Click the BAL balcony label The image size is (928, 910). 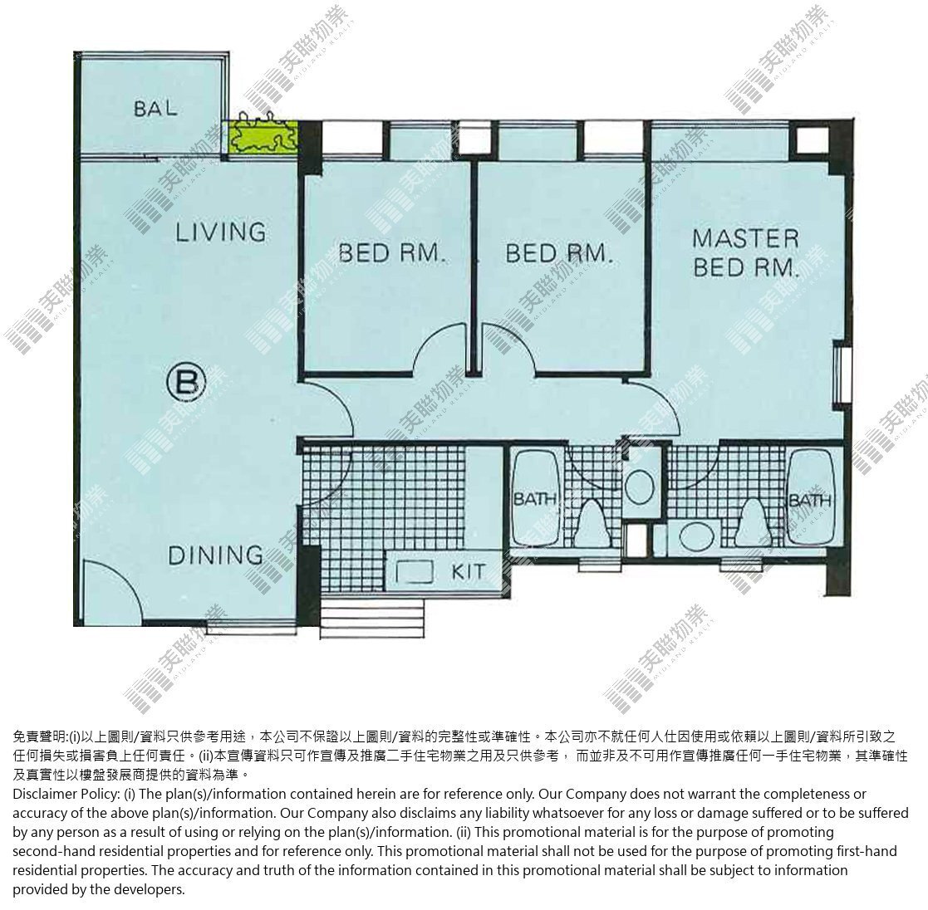(155, 108)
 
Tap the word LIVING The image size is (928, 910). (221, 232)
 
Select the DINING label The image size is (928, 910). (215, 555)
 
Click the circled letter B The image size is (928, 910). (186, 383)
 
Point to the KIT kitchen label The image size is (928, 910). (468, 572)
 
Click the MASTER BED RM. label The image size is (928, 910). (746, 253)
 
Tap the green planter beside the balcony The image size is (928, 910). (263, 137)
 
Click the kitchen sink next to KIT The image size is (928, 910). (415, 572)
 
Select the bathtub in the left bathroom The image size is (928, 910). (536, 497)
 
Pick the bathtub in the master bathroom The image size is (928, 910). (811, 497)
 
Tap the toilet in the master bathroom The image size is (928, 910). (752, 521)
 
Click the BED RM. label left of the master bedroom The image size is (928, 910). (557, 253)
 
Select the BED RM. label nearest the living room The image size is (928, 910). (391, 253)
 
